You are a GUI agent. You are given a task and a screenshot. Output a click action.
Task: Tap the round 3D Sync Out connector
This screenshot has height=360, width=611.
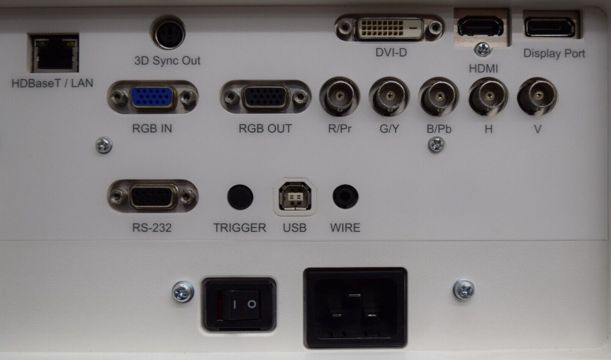pyautogui.click(x=169, y=33)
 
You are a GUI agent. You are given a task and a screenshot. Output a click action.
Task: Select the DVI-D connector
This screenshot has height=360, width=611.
pyautogui.click(x=389, y=28)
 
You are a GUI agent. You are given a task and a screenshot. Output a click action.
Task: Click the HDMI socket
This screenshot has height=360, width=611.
pyautogui.click(x=480, y=27)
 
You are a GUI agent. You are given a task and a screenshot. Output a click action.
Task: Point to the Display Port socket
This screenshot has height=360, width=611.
pyautogui.click(x=550, y=27)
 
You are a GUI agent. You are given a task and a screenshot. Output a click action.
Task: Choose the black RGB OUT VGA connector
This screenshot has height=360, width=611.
pyautogui.click(x=265, y=97)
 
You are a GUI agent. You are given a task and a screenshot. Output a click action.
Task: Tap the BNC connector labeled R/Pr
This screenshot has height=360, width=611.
pyautogui.click(x=339, y=96)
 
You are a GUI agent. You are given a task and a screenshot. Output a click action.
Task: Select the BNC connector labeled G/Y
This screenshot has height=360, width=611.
pyautogui.click(x=389, y=96)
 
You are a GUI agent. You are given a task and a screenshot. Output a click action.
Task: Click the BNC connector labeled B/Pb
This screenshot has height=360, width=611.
pyautogui.click(x=438, y=96)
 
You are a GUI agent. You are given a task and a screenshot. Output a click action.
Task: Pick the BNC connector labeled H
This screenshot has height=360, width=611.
pyautogui.click(x=488, y=96)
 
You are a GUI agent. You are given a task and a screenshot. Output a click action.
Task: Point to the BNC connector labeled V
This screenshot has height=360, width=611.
pyautogui.click(x=537, y=96)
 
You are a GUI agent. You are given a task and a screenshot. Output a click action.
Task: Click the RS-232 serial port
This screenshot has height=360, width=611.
pyautogui.click(x=153, y=196)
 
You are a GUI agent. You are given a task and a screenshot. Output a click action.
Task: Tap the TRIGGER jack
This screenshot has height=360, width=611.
pyautogui.click(x=240, y=197)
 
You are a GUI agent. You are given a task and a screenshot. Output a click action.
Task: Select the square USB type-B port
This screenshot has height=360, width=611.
pyautogui.click(x=295, y=196)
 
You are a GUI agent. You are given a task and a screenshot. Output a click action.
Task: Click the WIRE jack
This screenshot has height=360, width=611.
pyautogui.click(x=345, y=197)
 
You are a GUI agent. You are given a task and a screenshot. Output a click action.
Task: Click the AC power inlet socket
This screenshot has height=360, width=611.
pyautogui.click(x=355, y=308)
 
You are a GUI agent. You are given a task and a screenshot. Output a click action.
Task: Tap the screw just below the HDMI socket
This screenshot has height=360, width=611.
pyautogui.click(x=482, y=49)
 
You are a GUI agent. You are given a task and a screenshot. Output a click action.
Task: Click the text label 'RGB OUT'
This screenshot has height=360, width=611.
pyautogui.click(x=265, y=129)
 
